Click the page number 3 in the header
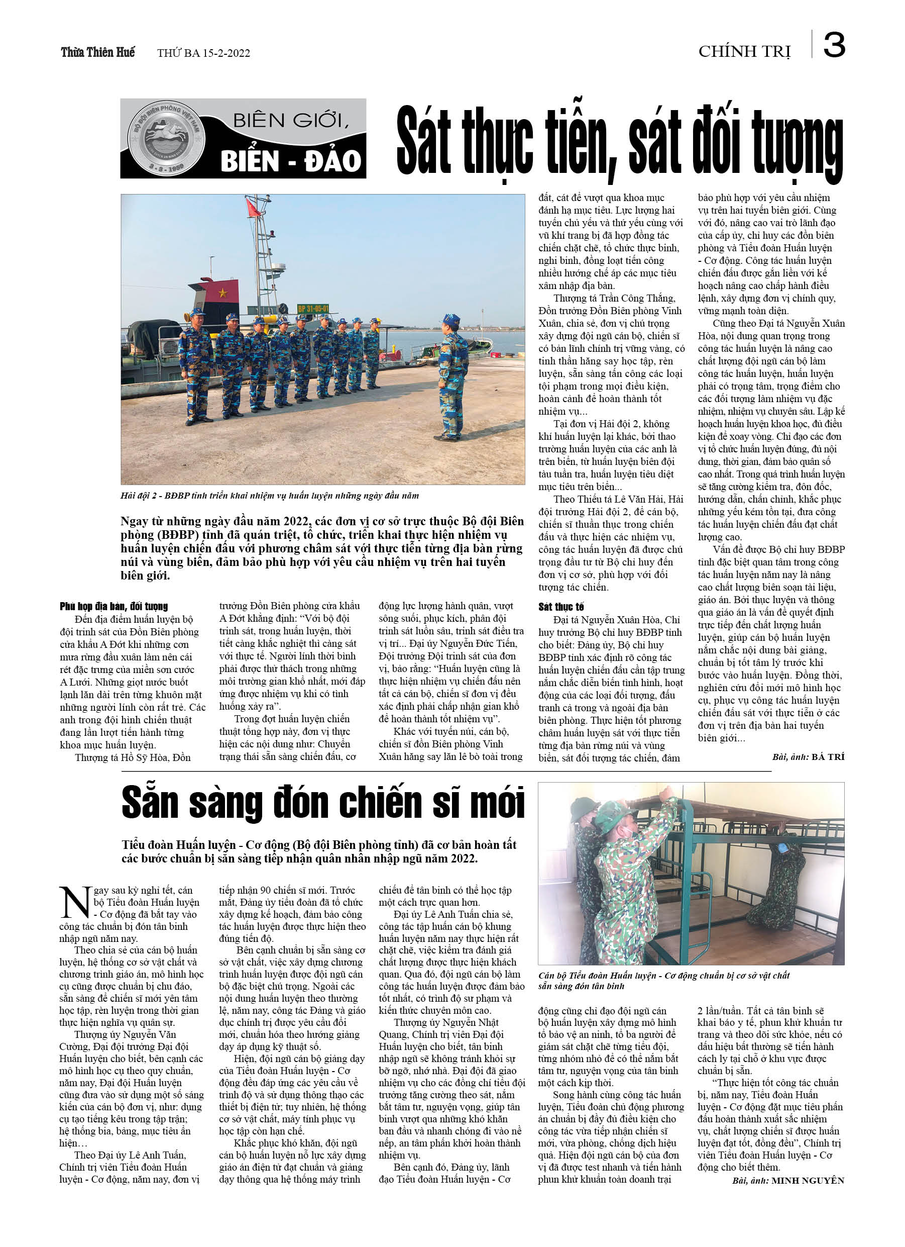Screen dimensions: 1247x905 click(834, 45)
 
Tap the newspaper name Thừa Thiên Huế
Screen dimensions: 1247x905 click(98, 52)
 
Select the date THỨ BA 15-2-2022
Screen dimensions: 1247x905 click(203, 53)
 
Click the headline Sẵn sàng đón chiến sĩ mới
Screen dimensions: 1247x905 click(323, 802)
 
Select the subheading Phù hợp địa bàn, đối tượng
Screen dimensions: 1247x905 click(114, 607)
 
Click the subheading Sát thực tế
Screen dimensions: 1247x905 click(561, 607)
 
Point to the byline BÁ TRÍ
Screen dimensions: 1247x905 click(828, 757)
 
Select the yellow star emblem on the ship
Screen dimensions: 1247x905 click(222, 293)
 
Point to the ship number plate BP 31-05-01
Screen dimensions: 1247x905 click(313, 309)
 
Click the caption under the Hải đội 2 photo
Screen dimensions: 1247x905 click(269, 496)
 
